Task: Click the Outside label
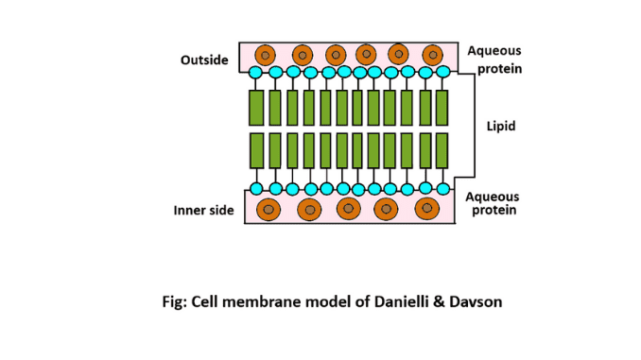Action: pos(204,60)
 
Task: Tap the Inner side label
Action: pos(203,210)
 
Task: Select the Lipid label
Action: pos(500,126)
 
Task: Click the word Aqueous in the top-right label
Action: pos(494,51)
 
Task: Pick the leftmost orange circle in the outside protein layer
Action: pos(267,54)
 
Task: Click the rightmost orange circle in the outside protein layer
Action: pos(432,54)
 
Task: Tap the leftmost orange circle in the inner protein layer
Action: pos(269,208)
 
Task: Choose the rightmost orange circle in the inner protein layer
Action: pos(427,207)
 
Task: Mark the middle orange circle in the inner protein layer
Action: pos(349,208)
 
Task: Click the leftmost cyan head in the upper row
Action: pos(255,72)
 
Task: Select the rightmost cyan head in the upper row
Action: pos(442,72)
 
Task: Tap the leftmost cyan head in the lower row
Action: pos(255,188)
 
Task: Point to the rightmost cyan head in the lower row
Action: pos(442,188)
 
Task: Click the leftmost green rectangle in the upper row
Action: pos(255,108)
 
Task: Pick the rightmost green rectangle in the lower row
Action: pos(442,150)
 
